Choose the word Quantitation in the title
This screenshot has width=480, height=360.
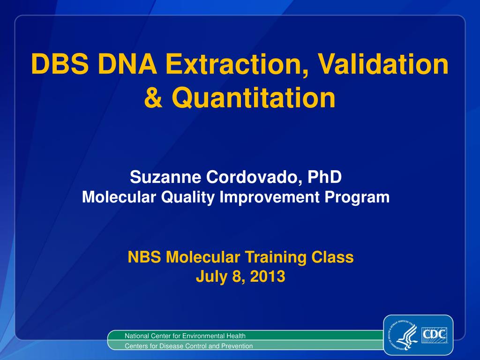click(x=253, y=97)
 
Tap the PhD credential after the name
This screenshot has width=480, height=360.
click(x=324, y=178)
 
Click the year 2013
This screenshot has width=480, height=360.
click(x=267, y=277)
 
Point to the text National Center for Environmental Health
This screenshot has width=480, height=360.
click(x=185, y=336)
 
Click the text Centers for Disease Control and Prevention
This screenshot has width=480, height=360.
click(x=188, y=346)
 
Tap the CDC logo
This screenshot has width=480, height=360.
click(x=435, y=335)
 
